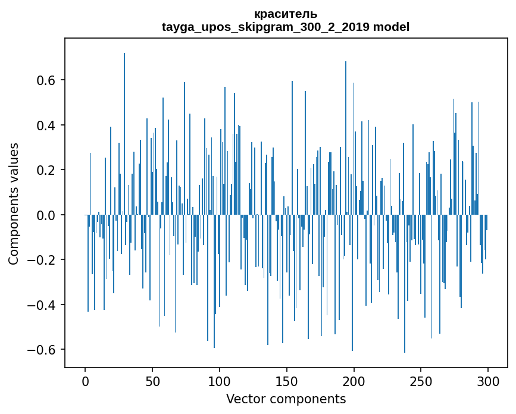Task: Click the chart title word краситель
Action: pos(286,14)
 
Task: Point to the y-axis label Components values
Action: pos(14,203)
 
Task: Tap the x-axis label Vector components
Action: pos(286,399)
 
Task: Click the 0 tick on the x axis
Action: pos(85,381)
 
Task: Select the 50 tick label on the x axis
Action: pos(152,381)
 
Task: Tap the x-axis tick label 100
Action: pos(220,381)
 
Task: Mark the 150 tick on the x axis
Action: pos(286,381)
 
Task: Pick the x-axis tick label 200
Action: pos(354,381)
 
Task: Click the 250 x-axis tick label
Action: pos(421,381)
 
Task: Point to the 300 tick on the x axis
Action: pos(488,381)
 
